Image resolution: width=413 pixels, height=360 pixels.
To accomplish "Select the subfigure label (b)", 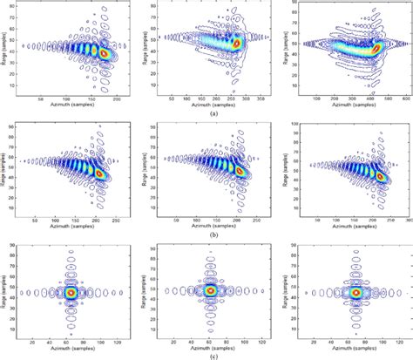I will pos(207,235).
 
